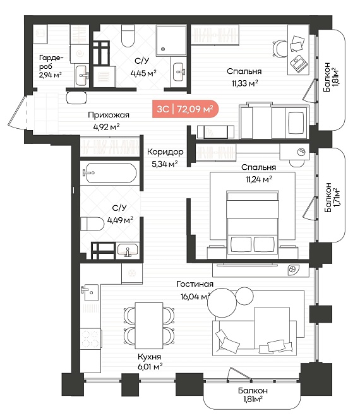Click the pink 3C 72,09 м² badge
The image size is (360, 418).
click(185, 109)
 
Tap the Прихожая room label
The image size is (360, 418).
click(109, 115)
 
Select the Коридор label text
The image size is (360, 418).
click(165, 152)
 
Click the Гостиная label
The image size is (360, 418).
click(195, 284)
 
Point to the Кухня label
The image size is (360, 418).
click(150, 357)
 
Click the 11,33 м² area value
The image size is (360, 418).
click(245, 83)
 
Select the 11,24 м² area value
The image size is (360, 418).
click(259, 179)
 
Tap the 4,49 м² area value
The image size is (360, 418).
click(120, 220)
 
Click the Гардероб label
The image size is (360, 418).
click(51, 62)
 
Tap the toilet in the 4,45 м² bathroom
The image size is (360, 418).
click(128, 36)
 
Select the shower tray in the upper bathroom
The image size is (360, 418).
click(171, 40)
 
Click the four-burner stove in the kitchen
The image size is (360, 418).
click(90, 338)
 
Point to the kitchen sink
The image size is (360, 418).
click(90, 292)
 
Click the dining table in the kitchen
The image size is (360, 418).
click(149, 325)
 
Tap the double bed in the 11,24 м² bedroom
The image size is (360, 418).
click(252, 224)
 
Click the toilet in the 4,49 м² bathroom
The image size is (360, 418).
click(92, 224)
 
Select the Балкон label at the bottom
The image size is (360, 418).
click(253, 391)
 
